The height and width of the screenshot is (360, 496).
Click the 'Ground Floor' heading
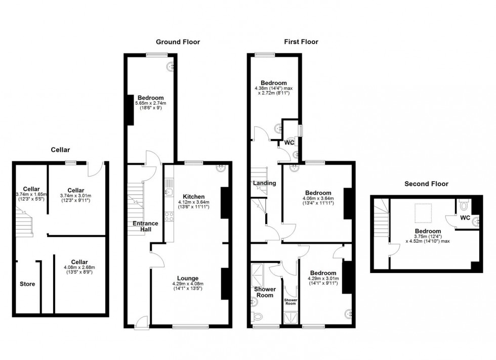178,42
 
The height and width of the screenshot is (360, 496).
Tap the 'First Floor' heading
301,42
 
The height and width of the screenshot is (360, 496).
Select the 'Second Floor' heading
426,184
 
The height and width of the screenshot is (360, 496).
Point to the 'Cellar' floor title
60,150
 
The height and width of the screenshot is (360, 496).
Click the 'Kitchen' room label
193,197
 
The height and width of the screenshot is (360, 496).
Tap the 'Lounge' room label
188,278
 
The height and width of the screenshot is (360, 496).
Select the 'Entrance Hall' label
146,227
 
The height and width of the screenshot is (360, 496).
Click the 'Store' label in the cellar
27,284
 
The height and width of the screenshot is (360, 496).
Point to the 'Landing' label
264,183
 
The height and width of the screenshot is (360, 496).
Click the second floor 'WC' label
465,218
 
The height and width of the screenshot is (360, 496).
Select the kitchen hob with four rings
169,216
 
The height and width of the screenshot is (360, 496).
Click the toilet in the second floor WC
464,205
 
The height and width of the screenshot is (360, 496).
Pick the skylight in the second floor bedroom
423,213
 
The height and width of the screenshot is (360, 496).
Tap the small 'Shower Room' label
291,301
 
